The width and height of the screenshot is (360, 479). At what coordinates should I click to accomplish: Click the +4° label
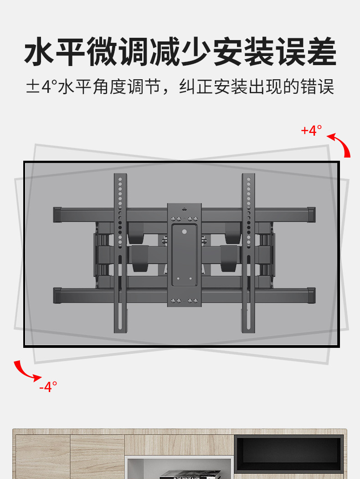[312, 131]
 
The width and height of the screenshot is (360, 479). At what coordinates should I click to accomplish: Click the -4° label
[48, 387]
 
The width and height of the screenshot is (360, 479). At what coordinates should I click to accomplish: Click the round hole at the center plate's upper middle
[185, 231]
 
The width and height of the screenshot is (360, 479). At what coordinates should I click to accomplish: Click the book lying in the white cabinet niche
[180, 475]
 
